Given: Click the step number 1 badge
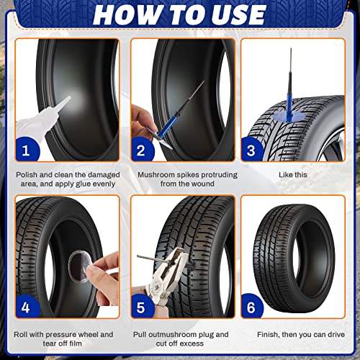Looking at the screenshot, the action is pos(27,150).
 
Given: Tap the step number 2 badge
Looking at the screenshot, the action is pos(142,150).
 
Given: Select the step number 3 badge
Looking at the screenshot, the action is pos(251,150).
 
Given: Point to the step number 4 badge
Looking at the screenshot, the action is pos(27,307).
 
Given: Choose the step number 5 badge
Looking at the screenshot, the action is pos(142,307).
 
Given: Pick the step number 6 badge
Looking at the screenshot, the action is pos(251,307).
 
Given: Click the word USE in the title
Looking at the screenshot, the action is pos(237,14).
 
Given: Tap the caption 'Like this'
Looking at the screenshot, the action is pos(293,175).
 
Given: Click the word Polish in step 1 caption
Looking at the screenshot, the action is pos(27,175).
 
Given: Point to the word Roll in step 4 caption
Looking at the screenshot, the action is pos(20,334).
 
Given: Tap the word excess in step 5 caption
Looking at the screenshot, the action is pos(192,343).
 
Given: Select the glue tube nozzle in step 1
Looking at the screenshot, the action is pos(64,102).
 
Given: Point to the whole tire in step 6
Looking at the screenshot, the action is pos(294,258).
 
